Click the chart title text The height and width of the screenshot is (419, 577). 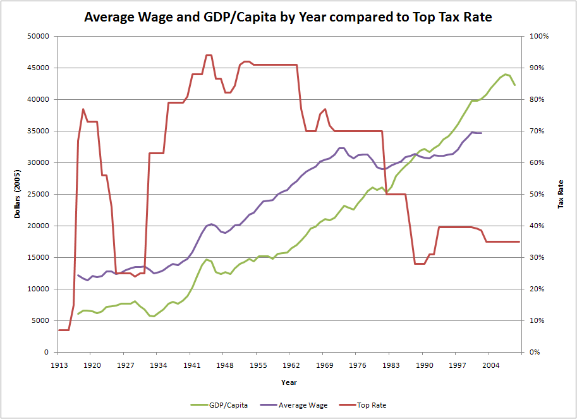288,17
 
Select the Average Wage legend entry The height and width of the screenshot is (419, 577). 302,405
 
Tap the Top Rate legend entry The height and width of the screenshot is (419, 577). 369,405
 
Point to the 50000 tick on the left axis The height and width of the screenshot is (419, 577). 39,37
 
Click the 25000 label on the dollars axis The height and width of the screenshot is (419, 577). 39,195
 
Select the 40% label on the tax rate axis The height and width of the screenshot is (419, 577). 534,226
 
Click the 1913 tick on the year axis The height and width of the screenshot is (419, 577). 58,365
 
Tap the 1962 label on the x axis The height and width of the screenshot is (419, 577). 292,365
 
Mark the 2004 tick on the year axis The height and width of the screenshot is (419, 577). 491,365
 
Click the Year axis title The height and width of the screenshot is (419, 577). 289,382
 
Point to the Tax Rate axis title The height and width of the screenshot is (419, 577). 560,194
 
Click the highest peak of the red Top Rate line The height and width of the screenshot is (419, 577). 209,56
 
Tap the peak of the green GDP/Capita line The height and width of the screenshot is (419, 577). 506,74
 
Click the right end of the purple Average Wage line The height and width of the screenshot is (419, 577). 481,133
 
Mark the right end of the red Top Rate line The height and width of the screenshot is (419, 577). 519,241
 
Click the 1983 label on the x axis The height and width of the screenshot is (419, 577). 392,365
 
